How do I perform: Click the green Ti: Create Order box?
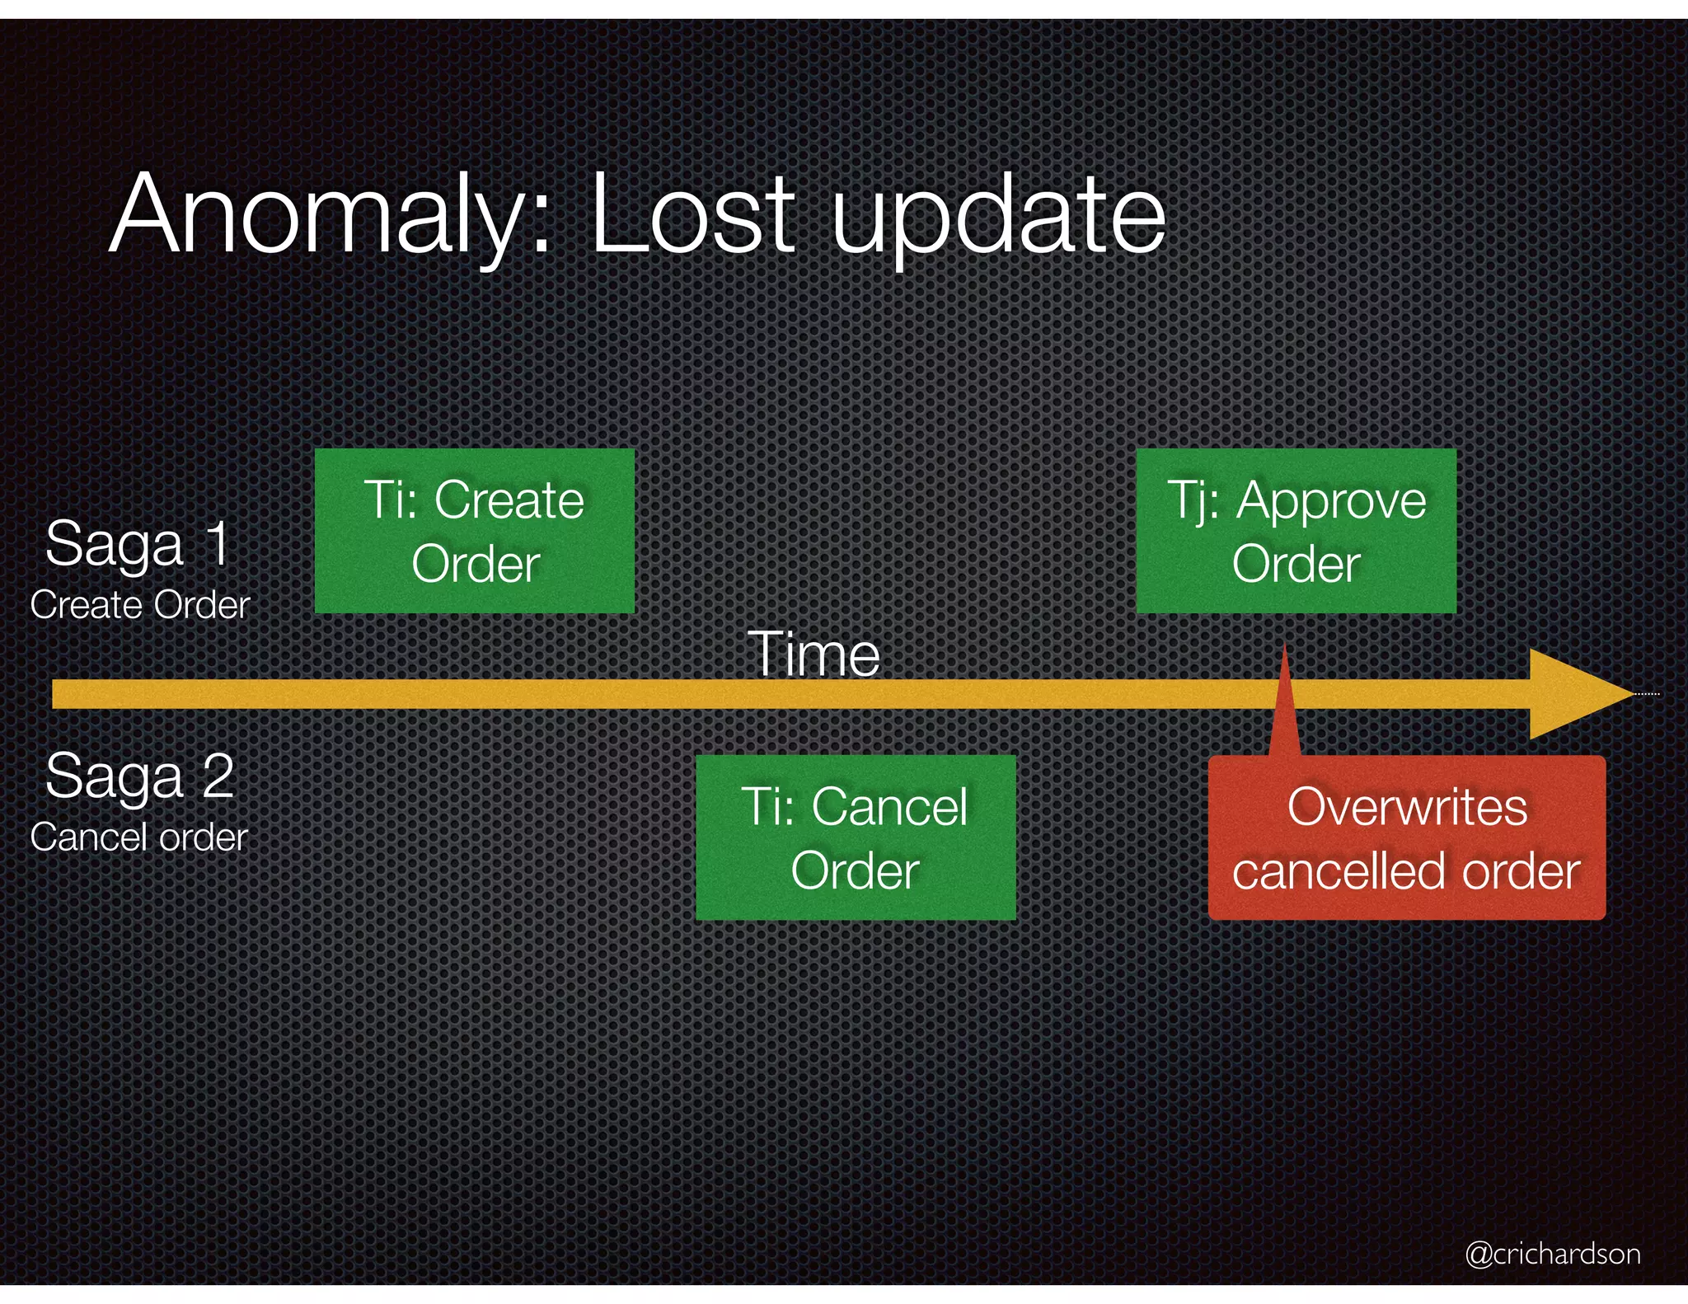click(x=475, y=531)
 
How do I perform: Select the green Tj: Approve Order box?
click(x=1296, y=531)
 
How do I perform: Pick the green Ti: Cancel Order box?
click(x=856, y=837)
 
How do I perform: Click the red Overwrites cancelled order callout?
click(x=1406, y=837)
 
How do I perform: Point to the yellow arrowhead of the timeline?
click(x=1578, y=693)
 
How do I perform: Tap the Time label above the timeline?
click(x=814, y=654)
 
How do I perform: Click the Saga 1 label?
click(x=138, y=544)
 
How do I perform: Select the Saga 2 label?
click(x=140, y=776)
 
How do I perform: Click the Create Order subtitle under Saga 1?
click(x=140, y=606)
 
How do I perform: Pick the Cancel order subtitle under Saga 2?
click(x=139, y=838)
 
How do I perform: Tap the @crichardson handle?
click(x=1552, y=1254)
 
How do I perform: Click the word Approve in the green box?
click(x=1331, y=500)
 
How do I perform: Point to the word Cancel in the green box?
click(x=889, y=806)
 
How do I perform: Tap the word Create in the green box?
click(x=509, y=500)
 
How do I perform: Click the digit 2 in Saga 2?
click(x=218, y=776)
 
